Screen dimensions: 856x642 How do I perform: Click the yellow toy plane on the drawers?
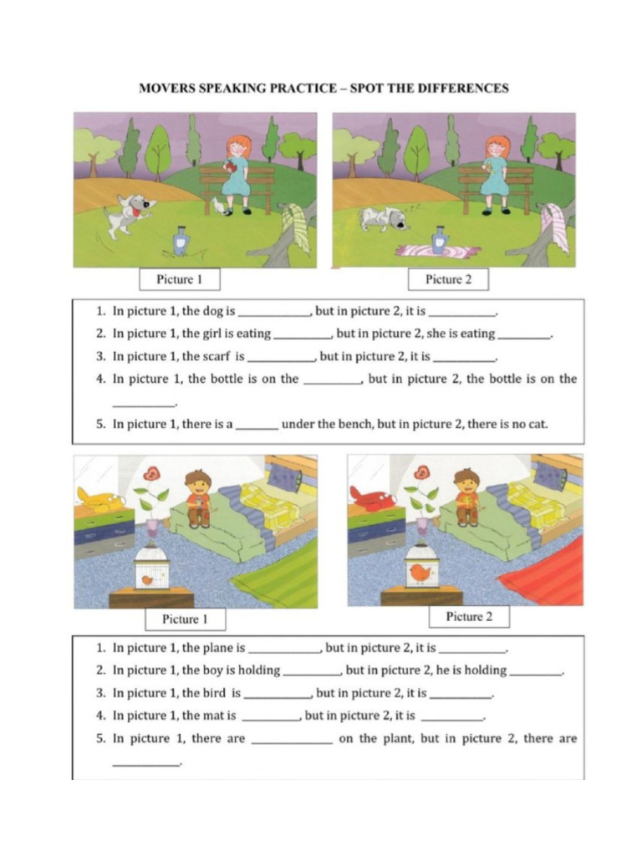tap(100, 500)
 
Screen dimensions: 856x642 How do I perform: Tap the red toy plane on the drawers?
tap(371, 499)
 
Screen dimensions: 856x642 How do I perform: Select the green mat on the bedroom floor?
tap(276, 577)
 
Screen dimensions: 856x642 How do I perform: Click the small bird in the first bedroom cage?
tap(148, 578)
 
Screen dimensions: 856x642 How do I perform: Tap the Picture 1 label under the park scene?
tap(179, 279)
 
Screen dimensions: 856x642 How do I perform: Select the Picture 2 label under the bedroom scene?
tap(469, 617)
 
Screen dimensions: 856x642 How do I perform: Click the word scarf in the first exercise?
tap(216, 356)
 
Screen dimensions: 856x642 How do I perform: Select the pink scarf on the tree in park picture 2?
tap(554, 227)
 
